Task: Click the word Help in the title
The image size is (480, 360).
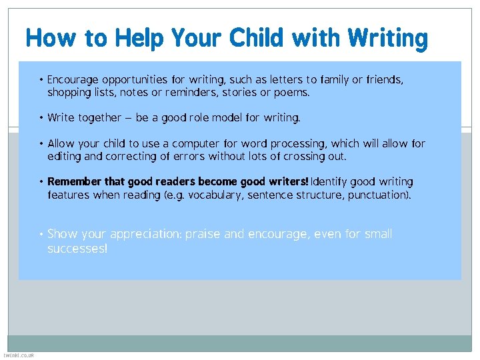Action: [137, 39]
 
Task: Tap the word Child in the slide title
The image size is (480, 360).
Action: [255, 39]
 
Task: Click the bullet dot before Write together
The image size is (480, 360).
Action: [41, 118]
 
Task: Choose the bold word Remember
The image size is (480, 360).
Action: [75, 182]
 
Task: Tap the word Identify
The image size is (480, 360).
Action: [333, 182]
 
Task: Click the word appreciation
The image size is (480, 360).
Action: [145, 234]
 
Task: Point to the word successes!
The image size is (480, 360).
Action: [77, 249]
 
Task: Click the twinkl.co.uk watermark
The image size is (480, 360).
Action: [18, 355]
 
